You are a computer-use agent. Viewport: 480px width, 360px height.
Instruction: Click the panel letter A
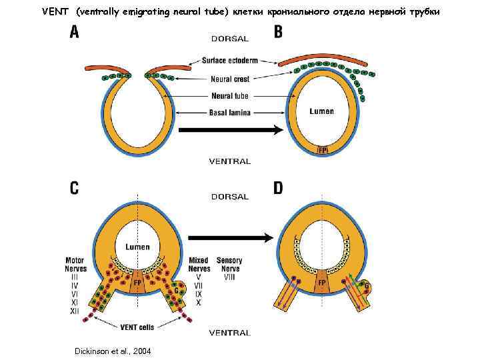click(74, 32)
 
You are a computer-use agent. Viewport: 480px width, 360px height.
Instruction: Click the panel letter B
click(278, 32)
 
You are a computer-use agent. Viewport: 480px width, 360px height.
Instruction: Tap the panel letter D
click(278, 188)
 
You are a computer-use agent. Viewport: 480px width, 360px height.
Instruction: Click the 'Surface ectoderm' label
click(229, 61)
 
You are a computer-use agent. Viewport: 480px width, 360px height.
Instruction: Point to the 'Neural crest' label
click(229, 79)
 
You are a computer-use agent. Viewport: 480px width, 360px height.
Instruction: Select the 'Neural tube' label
click(229, 96)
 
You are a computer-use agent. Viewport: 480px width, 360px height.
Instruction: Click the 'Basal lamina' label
click(229, 113)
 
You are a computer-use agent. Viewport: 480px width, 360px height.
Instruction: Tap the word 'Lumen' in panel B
click(321, 111)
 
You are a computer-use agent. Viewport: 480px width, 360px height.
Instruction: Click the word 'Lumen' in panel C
click(138, 247)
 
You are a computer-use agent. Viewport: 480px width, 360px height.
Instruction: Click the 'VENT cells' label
click(137, 327)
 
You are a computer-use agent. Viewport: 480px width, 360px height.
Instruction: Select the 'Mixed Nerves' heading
click(199, 265)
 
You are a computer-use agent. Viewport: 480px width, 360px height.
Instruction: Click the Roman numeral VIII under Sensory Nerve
click(229, 277)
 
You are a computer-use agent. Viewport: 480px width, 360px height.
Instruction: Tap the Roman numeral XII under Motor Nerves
click(75, 311)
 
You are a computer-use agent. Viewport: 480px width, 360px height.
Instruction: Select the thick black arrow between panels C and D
click(230, 237)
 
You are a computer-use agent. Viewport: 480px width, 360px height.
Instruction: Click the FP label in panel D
click(321, 283)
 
